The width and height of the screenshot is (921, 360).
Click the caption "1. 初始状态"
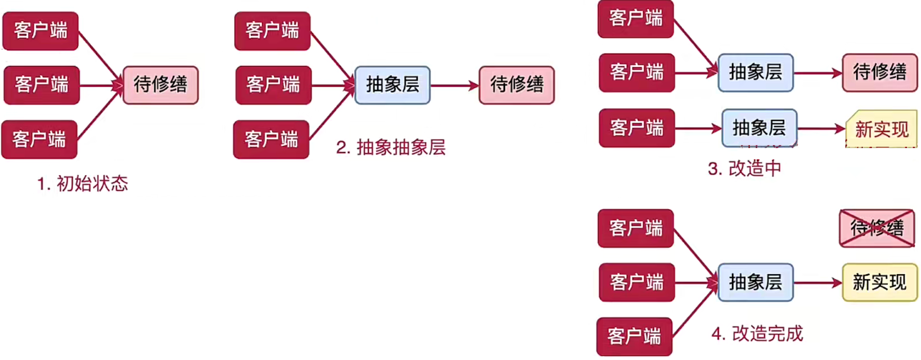coord(83,184)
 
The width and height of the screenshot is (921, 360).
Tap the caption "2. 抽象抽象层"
coord(391,147)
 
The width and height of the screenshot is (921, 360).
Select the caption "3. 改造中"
coord(744,169)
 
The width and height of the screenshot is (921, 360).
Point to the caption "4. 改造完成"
coord(757,334)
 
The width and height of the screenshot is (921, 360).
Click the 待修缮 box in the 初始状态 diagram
coord(161,85)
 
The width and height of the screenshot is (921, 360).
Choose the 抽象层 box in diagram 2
coord(392,85)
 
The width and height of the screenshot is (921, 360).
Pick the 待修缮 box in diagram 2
coord(517,85)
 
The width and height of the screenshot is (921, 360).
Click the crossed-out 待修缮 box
coord(877,228)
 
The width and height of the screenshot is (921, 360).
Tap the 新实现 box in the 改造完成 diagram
coord(879,283)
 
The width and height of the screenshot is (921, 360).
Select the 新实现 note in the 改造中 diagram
coord(881,129)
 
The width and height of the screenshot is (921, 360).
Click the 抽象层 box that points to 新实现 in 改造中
coord(759,128)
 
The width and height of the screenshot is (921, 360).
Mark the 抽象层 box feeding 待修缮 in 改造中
coord(756,72)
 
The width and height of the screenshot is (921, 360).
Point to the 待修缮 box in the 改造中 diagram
coord(879,72)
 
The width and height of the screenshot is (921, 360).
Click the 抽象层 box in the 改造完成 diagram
coord(756,283)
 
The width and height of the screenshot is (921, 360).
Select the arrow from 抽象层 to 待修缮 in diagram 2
coord(454,85)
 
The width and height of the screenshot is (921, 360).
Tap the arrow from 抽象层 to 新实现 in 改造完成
coord(817,283)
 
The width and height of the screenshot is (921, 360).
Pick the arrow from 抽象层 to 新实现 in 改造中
coord(821,129)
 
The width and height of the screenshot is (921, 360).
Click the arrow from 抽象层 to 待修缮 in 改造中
coord(817,73)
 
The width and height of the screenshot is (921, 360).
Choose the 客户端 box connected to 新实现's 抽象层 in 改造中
coord(637,128)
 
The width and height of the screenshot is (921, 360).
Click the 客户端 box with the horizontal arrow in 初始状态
coord(42,85)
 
